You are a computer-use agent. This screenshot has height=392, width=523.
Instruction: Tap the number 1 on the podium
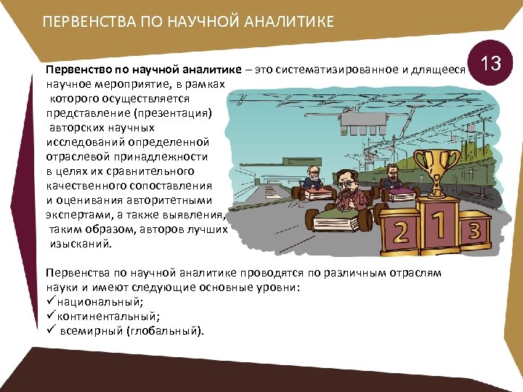(439, 224)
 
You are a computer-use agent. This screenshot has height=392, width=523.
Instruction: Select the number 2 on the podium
(400, 233)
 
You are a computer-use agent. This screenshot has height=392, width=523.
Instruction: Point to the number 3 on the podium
(475, 232)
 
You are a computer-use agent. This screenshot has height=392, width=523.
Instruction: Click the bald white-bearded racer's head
(312, 173)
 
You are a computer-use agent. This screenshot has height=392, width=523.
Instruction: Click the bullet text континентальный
(108, 316)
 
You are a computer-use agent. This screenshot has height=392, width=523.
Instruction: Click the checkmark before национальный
(50, 301)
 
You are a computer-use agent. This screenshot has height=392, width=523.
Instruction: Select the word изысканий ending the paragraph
(81, 244)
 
